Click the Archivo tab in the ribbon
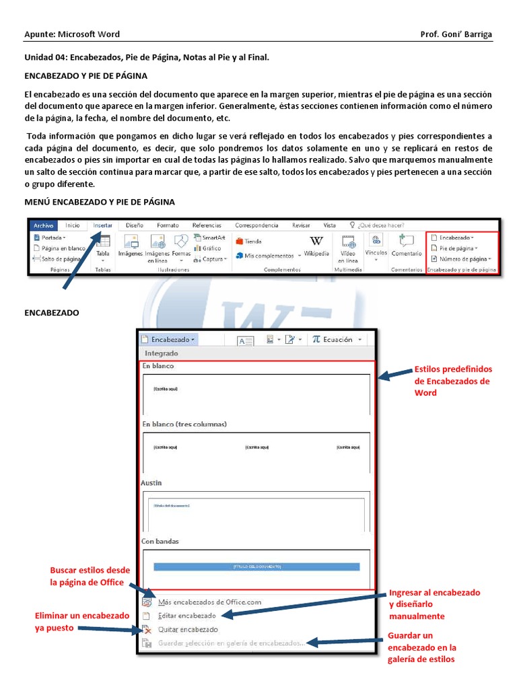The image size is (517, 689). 44,225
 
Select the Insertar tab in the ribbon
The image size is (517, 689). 102,225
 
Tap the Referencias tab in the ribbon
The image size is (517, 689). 207,225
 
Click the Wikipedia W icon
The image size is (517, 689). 316,242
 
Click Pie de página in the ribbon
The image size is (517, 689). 458,248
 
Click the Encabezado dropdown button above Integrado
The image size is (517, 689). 168,340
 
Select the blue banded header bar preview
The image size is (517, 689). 256,567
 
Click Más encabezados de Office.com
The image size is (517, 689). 209,602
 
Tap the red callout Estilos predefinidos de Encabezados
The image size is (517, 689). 453,381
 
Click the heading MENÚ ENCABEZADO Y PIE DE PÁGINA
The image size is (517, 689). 100,202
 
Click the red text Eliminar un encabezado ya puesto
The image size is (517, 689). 81,622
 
